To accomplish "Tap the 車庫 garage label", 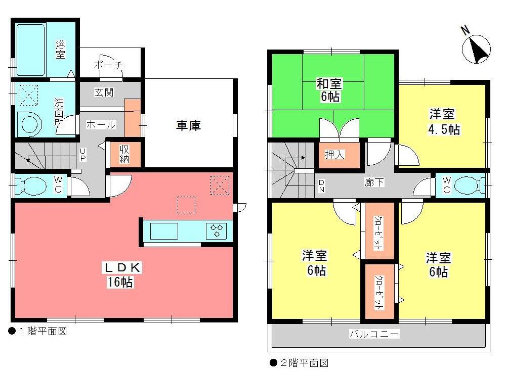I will click(x=188, y=125).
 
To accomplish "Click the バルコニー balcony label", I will click(x=374, y=334).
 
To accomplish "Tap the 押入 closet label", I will click(x=334, y=155).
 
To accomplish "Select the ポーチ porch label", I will click(x=108, y=65).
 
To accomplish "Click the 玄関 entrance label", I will click(x=104, y=92).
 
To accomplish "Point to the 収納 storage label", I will click(x=124, y=154).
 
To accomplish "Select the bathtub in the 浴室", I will click(x=31, y=50).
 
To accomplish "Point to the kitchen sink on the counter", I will click(x=164, y=231).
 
